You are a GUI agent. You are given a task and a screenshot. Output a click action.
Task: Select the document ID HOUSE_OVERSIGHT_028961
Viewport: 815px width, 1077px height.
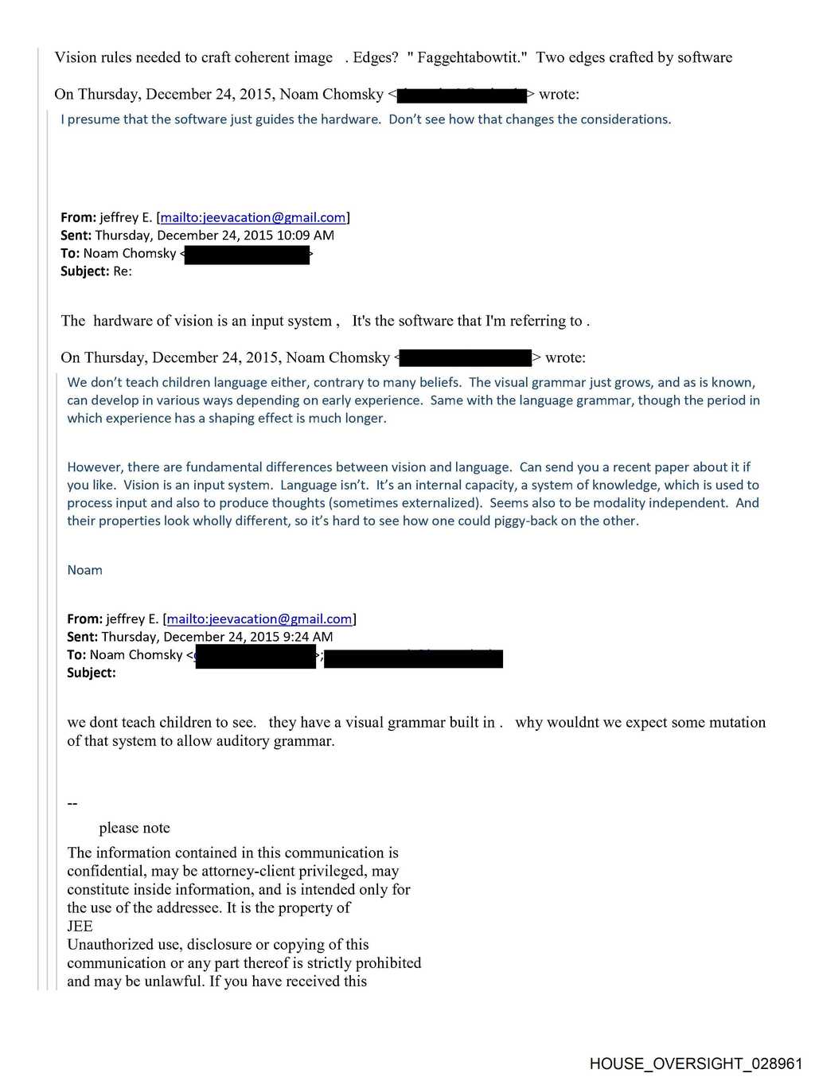click(x=696, y=1063)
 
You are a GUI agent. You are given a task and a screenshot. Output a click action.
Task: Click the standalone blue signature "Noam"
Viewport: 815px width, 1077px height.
click(x=84, y=570)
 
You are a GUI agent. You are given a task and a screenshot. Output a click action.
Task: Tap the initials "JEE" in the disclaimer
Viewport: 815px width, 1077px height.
click(x=80, y=926)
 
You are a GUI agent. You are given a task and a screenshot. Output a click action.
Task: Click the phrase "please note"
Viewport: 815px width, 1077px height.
click(x=135, y=828)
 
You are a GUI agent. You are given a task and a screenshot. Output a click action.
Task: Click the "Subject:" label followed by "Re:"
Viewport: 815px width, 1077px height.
click(x=84, y=271)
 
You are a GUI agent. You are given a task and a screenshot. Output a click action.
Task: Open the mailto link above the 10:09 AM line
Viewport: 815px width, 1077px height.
click(x=253, y=217)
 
